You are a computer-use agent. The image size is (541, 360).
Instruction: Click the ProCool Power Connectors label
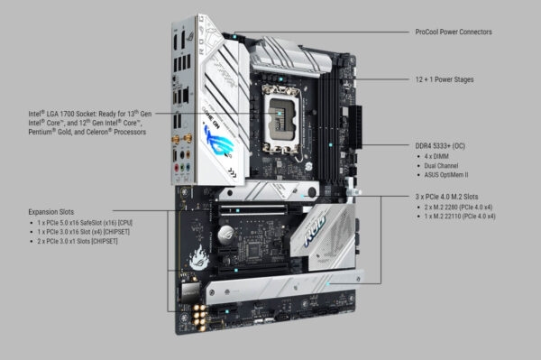[x=453, y=32]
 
